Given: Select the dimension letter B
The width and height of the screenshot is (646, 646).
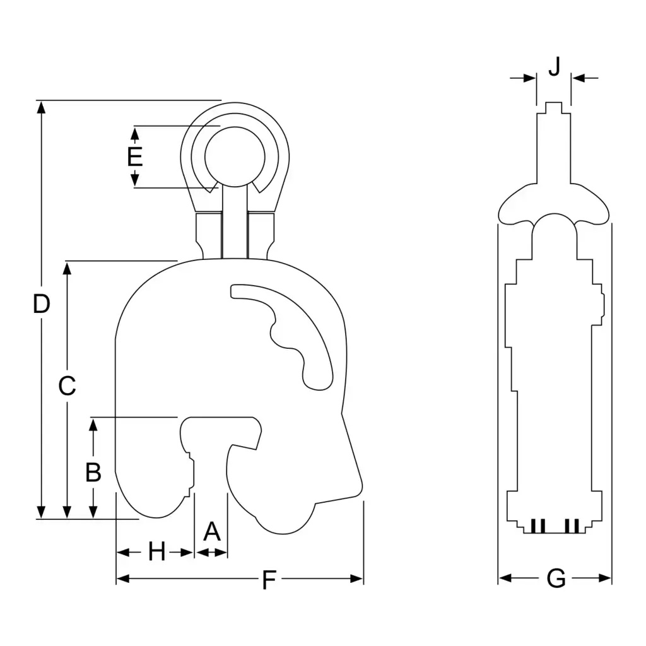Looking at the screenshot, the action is click(93, 472).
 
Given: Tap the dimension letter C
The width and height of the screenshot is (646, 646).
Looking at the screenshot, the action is click(67, 386).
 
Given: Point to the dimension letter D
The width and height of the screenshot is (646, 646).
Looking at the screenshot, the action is click(41, 304).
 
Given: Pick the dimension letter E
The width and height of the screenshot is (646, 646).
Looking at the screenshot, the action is click(135, 156).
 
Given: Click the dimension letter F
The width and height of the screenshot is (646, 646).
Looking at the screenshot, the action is click(269, 580).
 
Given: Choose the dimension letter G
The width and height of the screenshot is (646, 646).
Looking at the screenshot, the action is click(556, 578).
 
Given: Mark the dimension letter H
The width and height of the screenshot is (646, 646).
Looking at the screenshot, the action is click(156, 551).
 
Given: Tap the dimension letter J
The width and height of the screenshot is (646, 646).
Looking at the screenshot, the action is click(555, 66).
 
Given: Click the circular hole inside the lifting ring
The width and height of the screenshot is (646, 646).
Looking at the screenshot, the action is click(235, 156).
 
